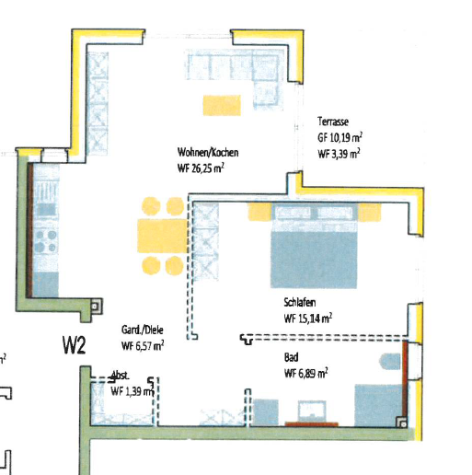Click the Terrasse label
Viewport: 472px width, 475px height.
tap(333, 122)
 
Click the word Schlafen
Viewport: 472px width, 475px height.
tap(302, 301)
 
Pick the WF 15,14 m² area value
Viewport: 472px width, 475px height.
tap(308, 318)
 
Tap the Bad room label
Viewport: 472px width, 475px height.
tap(293, 357)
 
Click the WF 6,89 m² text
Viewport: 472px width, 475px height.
tap(306, 373)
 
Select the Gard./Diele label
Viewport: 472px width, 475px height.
tap(142, 330)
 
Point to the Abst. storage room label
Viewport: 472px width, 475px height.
tap(119, 375)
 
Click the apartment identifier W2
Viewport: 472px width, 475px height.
tap(75, 346)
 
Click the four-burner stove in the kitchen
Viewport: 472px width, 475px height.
tap(44, 246)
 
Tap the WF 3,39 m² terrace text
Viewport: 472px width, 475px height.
tap(340, 154)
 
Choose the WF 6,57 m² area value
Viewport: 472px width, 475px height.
tap(143, 346)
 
